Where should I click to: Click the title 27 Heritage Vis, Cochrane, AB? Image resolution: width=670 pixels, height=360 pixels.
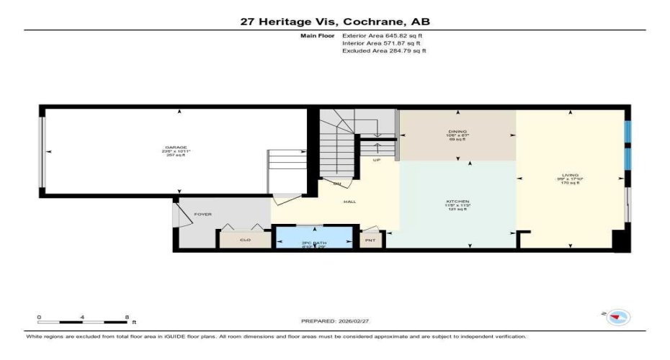335,22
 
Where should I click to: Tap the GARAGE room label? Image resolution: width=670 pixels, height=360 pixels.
176,148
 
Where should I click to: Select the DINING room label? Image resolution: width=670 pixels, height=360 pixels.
457,130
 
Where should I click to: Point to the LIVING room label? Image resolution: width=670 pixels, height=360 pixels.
571,175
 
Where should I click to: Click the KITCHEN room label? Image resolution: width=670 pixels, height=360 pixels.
457,201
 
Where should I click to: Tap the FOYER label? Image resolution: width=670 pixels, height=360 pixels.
202,214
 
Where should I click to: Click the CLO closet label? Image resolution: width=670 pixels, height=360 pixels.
245,240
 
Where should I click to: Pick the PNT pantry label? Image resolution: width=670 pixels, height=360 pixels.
370,240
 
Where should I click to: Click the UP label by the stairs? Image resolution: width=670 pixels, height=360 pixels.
376,160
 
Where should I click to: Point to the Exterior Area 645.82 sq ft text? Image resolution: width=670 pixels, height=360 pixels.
383,35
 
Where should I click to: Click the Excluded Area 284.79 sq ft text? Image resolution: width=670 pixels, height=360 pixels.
384,51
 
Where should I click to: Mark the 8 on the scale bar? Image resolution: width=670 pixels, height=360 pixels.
127,317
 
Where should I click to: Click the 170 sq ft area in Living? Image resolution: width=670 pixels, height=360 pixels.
571,184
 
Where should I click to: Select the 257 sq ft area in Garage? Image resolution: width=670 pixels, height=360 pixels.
176,156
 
